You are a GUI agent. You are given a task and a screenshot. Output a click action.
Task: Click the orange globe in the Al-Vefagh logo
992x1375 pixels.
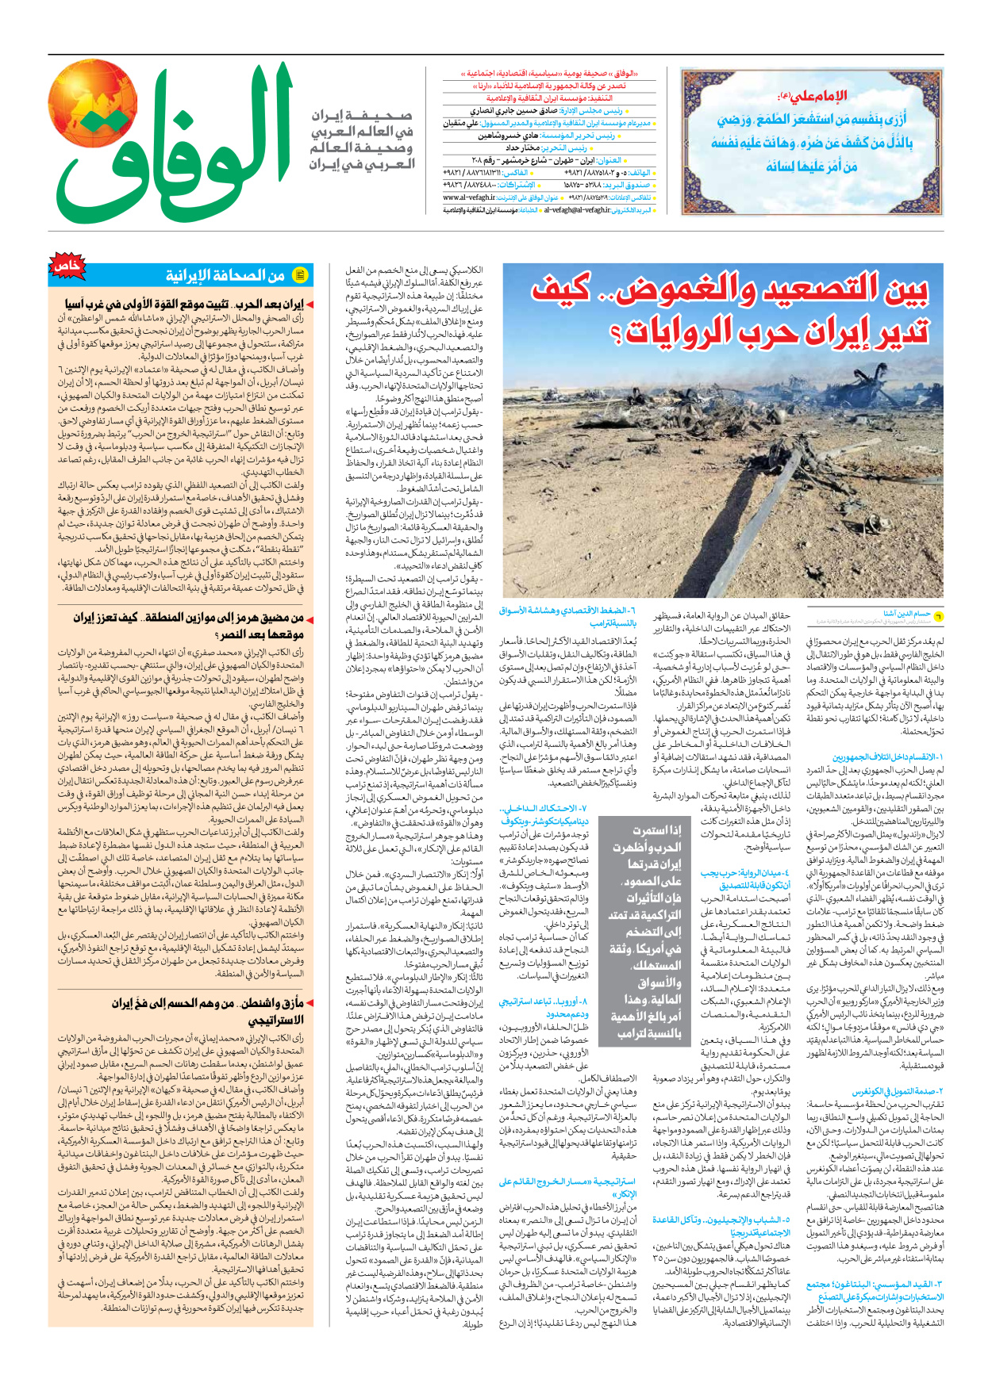94,102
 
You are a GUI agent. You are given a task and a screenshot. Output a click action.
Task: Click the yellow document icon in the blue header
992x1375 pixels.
300,275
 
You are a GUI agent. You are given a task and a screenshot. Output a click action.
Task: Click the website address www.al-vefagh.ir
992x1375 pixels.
469,197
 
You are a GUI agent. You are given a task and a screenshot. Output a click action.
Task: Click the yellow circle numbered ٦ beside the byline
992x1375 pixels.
938,616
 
